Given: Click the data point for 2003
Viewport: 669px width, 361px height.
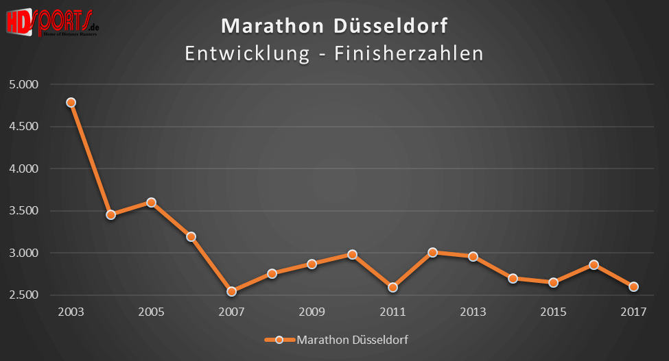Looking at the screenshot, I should [x=71, y=102].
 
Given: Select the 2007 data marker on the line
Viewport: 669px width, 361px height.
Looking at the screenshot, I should [x=231, y=291].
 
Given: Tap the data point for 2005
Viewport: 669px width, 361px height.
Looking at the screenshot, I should [x=151, y=202].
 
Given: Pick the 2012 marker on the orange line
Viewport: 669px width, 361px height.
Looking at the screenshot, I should [x=432, y=252].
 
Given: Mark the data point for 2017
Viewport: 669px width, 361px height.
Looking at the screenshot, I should [x=634, y=286].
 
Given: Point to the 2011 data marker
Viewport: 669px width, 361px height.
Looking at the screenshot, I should [x=392, y=287].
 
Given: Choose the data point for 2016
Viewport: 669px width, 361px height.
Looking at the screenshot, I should [x=594, y=264].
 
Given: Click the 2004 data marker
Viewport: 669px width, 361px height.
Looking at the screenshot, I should [x=110, y=214].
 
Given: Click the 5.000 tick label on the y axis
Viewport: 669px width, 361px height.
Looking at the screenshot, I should [x=24, y=84].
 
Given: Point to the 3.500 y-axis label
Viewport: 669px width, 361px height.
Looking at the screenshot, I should [x=24, y=211].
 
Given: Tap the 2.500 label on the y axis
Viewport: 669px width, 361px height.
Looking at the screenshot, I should [x=24, y=295].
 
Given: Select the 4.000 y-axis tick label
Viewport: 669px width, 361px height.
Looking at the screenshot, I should [x=24, y=169].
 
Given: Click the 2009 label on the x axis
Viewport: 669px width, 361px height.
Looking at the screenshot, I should [x=312, y=312].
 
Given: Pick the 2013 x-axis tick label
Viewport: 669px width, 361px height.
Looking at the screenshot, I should [x=473, y=312].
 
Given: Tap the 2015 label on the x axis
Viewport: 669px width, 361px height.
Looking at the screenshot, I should [x=553, y=312].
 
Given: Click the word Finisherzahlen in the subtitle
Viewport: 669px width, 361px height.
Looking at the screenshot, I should [x=409, y=53].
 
